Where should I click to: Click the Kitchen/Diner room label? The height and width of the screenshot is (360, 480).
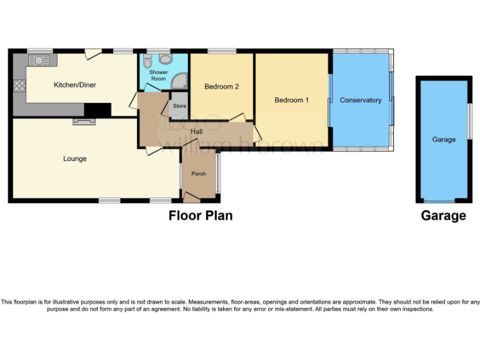click(x=74, y=85)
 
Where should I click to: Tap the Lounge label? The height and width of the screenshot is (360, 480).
click(x=75, y=159)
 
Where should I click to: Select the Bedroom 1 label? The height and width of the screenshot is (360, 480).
click(x=291, y=100)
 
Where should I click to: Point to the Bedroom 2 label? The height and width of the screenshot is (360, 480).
click(x=222, y=87)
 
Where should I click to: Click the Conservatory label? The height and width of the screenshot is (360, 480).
click(x=361, y=100)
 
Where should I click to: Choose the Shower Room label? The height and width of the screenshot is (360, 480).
click(x=158, y=75)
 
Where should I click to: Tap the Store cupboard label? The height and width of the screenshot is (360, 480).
click(x=179, y=106)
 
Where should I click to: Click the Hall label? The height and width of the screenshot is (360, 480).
click(x=197, y=131)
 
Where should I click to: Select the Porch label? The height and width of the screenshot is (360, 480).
click(x=199, y=174)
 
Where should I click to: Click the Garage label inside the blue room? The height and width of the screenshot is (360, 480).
click(x=444, y=140)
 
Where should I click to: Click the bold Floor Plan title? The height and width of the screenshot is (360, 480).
click(x=201, y=216)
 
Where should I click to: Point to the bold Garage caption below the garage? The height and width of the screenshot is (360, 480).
click(x=443, y=216)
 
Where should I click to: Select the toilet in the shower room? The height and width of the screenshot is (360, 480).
click(x=147, y=61)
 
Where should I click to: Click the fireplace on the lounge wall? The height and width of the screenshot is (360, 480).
click(x=82, y=121)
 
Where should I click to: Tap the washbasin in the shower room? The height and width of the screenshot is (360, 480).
click(x=166, y=59)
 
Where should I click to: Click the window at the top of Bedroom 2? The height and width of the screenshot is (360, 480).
click(x=217, y=51)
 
